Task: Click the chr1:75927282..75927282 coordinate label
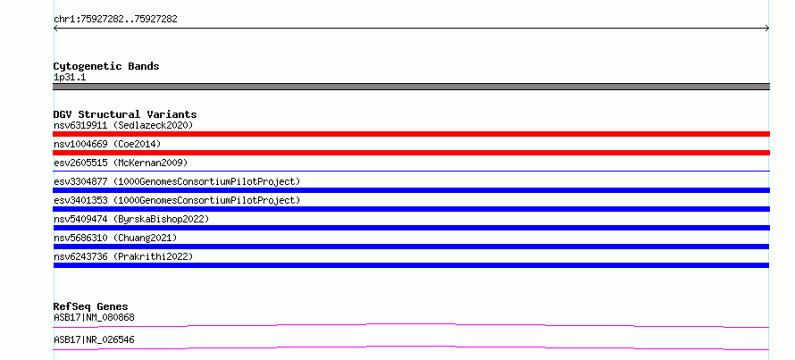pyautogui.click(x=115, y=20)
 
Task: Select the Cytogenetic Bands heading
pyautogui.click(x=106, y=66)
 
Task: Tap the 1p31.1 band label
pyautogui.click(x=70, y=78)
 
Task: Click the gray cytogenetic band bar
pyautogui.click(x=411, y=87)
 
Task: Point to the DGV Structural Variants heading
pyautogui.click(x=125, y=114)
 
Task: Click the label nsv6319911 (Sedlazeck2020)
pyautogui.click(x=123, y=125)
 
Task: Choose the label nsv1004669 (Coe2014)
pyautogui.click(x=107, y=144)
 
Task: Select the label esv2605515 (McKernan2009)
pyautogui.click(x=121, y=163)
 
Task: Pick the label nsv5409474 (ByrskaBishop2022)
pyautogui.click(x=131, y=219)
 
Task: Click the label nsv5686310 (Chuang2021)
pyautogui.click(x=115, y=238)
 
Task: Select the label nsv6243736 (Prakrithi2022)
pyautogui.click(x=123, y=256)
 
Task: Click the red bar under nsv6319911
pyautogui.click(x=411, y=134)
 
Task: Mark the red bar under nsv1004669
pyautogui.click(x=411, y=153)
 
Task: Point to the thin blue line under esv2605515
pyautogui.click(x=411, y=172)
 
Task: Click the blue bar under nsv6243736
pyautogui.click(x=411, y=265)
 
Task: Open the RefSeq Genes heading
pyautogui.click(x=91, y=306)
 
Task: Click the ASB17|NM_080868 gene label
pyautogui.click(x=94, y=317)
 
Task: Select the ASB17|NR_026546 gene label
pyautogui.click(x=94, y=339)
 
